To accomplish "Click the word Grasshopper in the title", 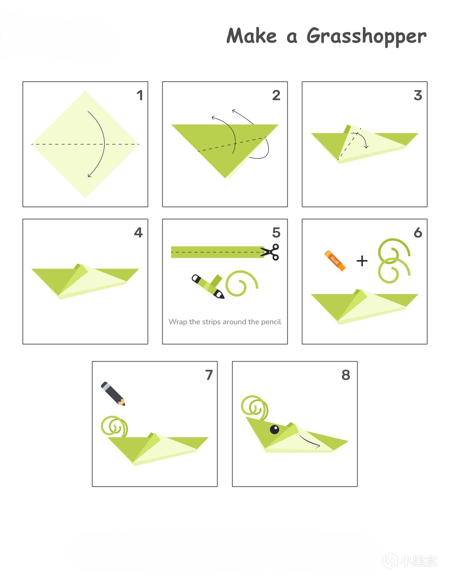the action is [366, 36].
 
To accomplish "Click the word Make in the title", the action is [251, 36].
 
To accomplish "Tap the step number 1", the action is [140, 95].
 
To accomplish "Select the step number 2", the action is [276, 95].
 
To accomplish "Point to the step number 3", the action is [418, 95].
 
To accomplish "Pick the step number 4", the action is [139, 232].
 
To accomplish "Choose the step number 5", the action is [276, 232].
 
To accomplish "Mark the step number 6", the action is [418, 232].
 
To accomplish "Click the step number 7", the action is [209, 375].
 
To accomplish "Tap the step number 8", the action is [346, 375].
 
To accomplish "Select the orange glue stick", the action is [335, 261].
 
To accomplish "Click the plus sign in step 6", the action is [362, 261].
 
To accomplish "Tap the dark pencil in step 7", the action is [113, 394].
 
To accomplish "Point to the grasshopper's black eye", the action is [275, 430].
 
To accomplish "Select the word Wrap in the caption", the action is [178, 322].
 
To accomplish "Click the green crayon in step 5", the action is [208, 286].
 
